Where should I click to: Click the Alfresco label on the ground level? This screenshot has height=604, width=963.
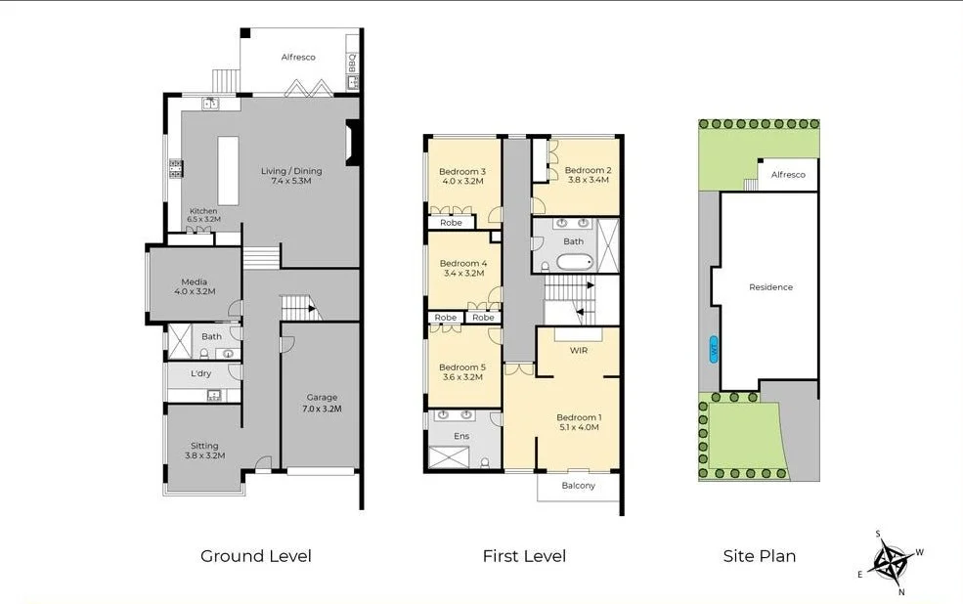[298, 58]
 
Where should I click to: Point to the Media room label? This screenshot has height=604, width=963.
[194, 286]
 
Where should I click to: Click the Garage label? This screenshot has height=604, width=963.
[322, 403]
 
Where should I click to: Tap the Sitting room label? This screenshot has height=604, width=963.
[204, 451]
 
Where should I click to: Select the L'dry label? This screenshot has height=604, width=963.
[200, 373]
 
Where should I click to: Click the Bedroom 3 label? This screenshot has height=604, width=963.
[462, 176]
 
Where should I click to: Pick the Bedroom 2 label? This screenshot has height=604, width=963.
[587, 174]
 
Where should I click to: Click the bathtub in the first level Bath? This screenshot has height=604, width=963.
[574, 262]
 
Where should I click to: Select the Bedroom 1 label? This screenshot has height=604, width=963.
[578, 422]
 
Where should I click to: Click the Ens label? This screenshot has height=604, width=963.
[461, 436]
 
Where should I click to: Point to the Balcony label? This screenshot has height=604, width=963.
[578, 486]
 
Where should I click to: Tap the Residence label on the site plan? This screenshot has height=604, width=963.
[770, 287]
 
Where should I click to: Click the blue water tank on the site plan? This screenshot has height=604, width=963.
[713, 349]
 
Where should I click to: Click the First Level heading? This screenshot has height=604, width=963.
[524, 556]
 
